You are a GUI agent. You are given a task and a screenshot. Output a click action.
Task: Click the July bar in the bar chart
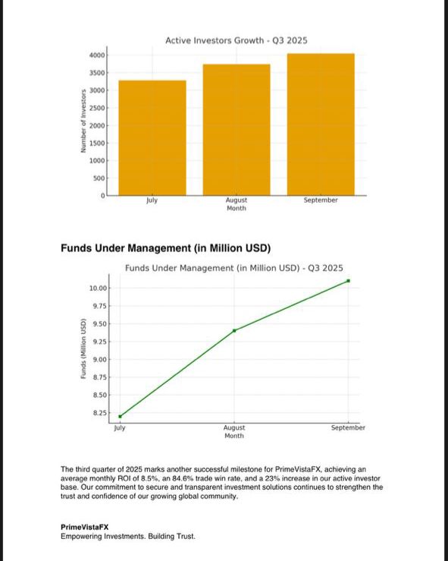[x=152, y=137]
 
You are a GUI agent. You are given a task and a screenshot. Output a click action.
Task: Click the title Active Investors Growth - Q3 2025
[x=237, y=39]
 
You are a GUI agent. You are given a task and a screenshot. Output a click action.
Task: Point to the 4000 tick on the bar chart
[x=96, y=55]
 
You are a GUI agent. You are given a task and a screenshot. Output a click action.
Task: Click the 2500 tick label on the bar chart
[x=96, y=109]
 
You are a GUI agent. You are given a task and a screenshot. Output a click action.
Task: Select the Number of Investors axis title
[x=83, y=122]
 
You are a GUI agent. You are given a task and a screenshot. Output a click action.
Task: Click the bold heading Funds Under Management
[x=165, y=248]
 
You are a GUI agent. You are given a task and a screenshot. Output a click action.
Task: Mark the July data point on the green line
[x=120, y=416]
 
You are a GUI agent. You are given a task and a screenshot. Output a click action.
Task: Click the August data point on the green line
[x=234, y=330]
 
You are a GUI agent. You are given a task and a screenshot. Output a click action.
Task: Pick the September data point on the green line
[x=348, y=281]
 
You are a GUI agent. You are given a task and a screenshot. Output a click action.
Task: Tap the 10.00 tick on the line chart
[x=98, y=288]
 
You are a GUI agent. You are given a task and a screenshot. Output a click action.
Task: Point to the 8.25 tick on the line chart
[x=99, y=413]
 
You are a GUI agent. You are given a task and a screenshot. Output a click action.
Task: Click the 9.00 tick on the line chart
[x=99, y=360]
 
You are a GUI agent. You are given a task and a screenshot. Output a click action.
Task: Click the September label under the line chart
[x=348, y=428]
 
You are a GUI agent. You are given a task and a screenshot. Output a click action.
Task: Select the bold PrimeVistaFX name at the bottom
[x=84, y=527]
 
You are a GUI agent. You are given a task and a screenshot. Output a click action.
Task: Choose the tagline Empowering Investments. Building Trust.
[x=127, y=537]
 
